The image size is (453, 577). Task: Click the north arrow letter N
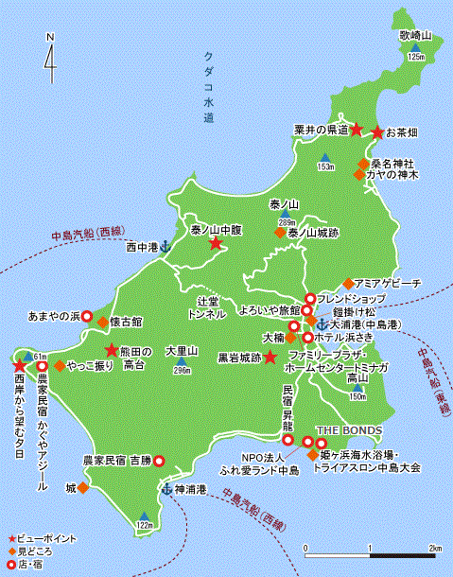point(49,39)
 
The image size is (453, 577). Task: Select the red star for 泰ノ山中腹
point(216,244)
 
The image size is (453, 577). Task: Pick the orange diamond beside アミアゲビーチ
point(348,283)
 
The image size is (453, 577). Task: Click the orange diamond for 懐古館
point(102,323)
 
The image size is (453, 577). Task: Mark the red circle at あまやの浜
point(86,316)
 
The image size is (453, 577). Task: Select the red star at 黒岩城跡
point(270,357)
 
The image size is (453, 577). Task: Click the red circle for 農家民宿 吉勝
point(159,460)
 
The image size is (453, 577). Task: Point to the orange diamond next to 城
point(83,488)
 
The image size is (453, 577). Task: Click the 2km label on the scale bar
point(434,549)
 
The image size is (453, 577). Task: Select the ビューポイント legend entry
point(43,537)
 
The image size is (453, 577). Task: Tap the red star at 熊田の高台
point(111,350)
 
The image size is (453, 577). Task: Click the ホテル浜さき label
point(353,337)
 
